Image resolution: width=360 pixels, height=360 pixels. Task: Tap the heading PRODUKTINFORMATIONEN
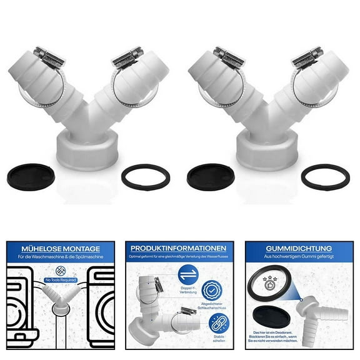pos(179,247)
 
